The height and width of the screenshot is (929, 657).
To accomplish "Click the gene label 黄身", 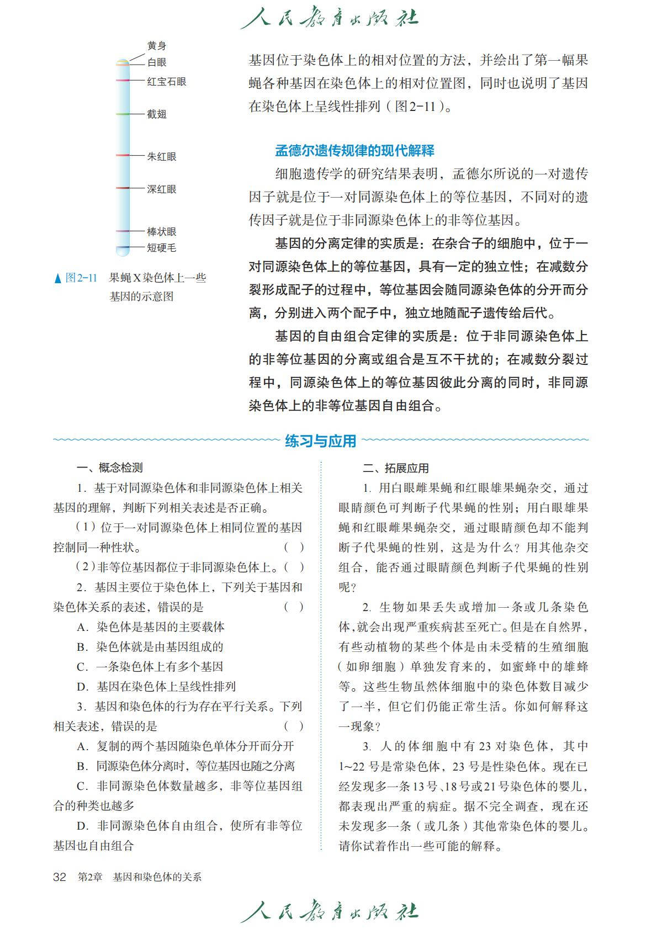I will (156, 46).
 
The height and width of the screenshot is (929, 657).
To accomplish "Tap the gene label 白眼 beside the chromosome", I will (156, 62).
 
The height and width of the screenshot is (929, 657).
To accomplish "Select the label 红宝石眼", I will (166, 82).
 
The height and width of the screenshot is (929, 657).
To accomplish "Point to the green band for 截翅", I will (123, 114).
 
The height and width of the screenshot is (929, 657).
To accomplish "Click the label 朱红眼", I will (161, 157).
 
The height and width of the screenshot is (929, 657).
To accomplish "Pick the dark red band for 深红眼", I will (123, 188).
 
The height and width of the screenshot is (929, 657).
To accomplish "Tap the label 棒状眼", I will (161, 232).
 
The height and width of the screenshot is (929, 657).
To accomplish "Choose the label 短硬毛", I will (161, 248).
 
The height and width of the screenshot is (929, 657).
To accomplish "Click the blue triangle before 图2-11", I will (58, 279).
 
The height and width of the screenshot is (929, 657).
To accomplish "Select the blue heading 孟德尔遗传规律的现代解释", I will (354, 151).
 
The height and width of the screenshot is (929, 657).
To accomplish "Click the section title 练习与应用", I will (321, 441).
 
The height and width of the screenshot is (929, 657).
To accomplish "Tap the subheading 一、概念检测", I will (109, 468).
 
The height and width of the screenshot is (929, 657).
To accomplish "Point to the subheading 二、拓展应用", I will (396, 469).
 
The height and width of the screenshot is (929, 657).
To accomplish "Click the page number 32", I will (59, 877).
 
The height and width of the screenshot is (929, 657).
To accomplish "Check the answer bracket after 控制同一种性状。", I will (294, 548).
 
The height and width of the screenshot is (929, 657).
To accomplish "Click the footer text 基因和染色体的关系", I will (157, 877).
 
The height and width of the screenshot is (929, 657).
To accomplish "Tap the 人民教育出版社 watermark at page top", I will (329, 19).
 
